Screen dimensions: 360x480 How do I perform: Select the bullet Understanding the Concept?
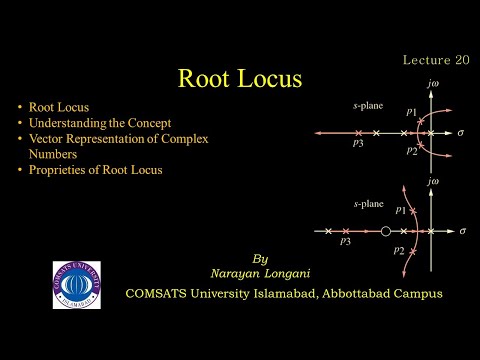coord(93,123)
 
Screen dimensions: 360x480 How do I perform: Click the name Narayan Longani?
coord(262,273)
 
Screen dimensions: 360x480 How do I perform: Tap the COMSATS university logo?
coord(76,285)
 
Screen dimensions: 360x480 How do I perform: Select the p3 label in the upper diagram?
coord(345,145)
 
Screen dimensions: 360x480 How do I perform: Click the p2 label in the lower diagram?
coord(399,251)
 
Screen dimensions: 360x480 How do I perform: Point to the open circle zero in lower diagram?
coord(386,231)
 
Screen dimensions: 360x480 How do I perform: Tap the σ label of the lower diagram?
coord(462,231)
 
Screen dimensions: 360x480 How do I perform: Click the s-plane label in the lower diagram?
coord(367,203)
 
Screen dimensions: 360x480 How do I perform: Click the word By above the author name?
coord(262,257)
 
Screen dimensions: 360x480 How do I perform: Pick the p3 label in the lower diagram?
coord(345,242)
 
